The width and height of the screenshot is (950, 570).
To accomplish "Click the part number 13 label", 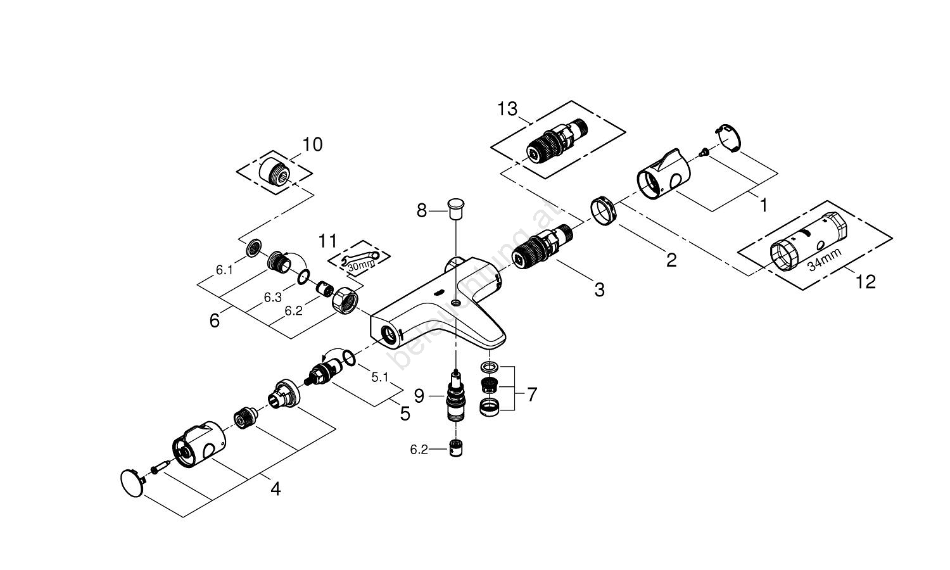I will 507,109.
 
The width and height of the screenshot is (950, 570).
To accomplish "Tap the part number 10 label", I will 312,144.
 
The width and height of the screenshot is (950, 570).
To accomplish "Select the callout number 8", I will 422,210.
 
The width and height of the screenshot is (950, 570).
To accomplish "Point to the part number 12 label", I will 865,281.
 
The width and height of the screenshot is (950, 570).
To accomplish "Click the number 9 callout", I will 419,396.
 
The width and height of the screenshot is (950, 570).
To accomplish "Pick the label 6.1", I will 225,270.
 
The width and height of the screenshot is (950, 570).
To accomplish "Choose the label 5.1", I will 379,377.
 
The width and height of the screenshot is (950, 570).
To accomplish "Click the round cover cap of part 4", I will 132,479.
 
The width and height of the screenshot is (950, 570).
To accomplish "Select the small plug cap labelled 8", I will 455,206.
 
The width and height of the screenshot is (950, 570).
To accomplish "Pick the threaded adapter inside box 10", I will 276,169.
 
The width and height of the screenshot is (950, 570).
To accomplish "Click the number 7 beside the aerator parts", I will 531,395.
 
